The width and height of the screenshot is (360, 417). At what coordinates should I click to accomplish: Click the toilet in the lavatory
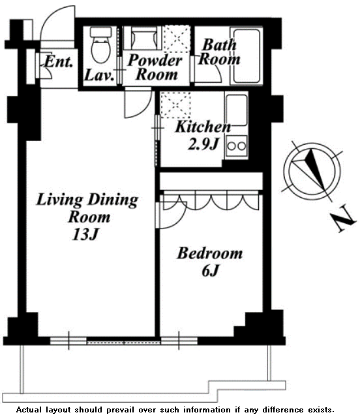100,44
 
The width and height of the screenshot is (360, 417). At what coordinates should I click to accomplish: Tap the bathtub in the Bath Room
247,56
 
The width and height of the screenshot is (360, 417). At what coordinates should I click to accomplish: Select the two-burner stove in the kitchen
237,146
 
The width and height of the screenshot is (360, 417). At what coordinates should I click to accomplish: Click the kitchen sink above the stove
237,110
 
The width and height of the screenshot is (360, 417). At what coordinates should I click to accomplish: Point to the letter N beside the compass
343,219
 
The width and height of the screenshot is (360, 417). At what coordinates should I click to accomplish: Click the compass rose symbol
311,171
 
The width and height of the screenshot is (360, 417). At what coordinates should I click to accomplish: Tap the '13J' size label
85,234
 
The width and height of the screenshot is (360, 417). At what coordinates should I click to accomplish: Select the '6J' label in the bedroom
210,271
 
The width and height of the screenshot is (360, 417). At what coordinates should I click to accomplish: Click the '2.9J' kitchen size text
203,144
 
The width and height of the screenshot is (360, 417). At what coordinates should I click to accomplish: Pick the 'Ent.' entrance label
59,62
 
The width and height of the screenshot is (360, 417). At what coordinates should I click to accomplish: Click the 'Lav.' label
99,75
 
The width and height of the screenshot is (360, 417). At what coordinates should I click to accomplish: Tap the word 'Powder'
155,60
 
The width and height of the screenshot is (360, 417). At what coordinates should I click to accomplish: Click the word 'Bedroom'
209,253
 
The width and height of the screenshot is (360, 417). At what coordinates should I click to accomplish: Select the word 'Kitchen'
203,127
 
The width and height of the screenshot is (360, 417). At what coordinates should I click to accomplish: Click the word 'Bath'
219,44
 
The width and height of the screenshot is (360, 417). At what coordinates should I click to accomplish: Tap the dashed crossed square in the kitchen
175,105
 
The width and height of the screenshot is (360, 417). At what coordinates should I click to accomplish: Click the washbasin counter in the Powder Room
143,38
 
